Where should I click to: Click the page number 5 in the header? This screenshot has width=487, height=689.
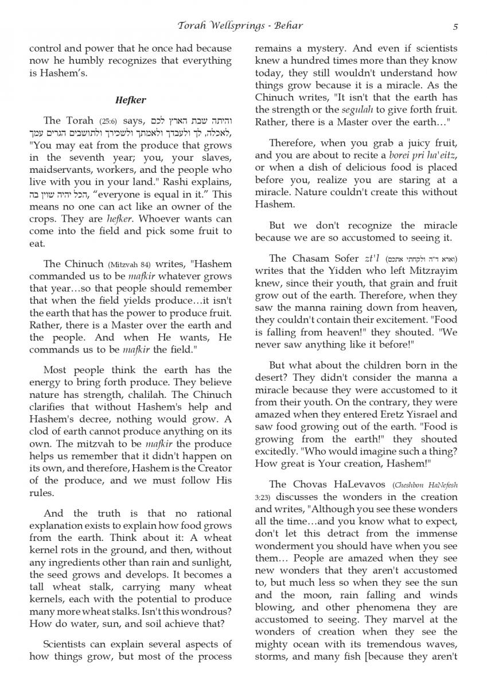[x=455, y=26]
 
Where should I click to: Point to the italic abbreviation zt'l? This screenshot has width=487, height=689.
[x=372, y=259]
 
